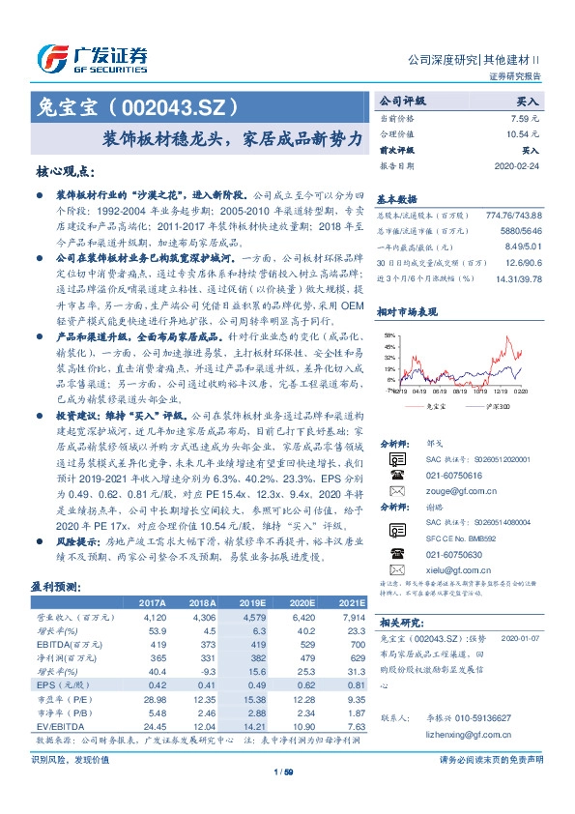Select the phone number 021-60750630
click(x=455, y=555)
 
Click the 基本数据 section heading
click(x=396, y=196)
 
